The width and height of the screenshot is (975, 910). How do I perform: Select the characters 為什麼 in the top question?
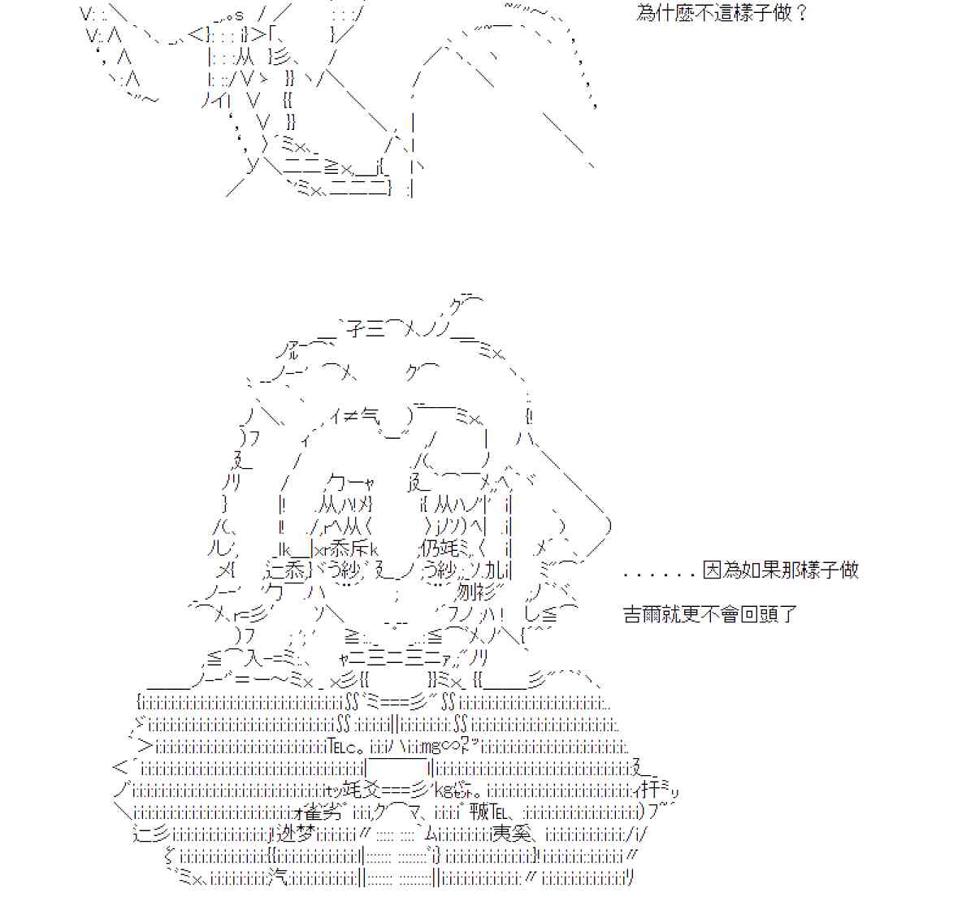[x=666, y=14]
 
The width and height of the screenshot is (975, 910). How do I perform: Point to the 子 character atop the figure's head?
[x=356, y=328]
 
